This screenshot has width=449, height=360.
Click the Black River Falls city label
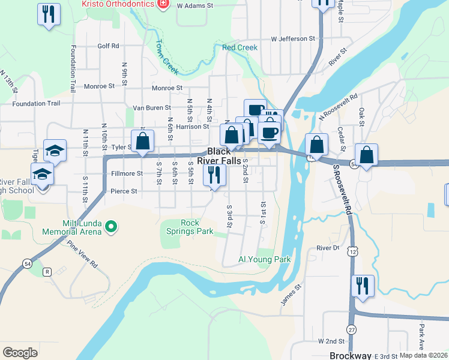(224, 157)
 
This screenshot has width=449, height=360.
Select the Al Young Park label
(264, 260)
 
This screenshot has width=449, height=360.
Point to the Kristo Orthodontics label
(118, 4)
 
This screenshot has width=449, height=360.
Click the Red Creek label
(240, 47)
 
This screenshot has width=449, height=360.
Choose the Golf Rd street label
(108, 46)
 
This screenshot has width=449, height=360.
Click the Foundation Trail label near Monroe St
(36, 103)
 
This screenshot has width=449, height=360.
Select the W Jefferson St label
(293, 38)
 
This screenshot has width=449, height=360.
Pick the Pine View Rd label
(82, 254)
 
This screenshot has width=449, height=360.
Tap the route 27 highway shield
(351, 330)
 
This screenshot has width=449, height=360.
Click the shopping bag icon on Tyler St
(142, 142)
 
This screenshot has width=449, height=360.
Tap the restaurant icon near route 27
(363, 286)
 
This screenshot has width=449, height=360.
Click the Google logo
(20, 353)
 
